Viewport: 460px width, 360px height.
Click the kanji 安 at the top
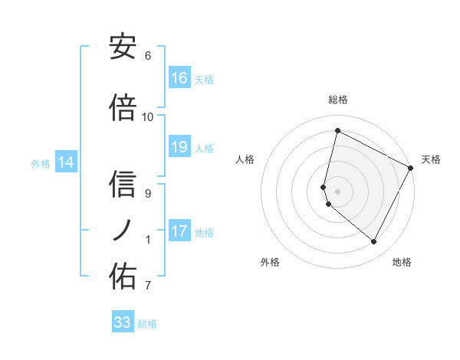[x=123, y=47]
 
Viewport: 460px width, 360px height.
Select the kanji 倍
[x=123, y=108]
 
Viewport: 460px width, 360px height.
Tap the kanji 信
[x=123, y=185]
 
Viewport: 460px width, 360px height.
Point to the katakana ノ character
[x=123, y=230]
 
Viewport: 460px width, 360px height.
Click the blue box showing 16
[x=179, y=78]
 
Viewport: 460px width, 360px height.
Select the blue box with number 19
[x=179, y=147]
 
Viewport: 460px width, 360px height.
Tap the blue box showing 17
[x=179, y=231]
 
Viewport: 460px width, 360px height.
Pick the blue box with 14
[x=66, y=162]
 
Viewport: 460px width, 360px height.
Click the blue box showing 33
[x=123, y=322]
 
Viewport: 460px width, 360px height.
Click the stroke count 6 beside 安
[x=148, y=56]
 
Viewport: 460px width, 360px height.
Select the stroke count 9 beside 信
[x=148, y=194]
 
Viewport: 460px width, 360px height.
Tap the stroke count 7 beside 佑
[x=148, y=286]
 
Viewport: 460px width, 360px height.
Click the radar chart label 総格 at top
[x=338, y=100]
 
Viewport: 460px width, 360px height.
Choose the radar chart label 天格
[x=431, y=159]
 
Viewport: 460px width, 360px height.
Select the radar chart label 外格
[x=270, y=262]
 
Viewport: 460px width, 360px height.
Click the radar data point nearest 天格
[x=411, y=169]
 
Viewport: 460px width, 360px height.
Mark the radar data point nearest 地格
[x=374, y=242]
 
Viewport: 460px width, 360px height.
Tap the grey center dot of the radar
[x=338, y=191]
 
